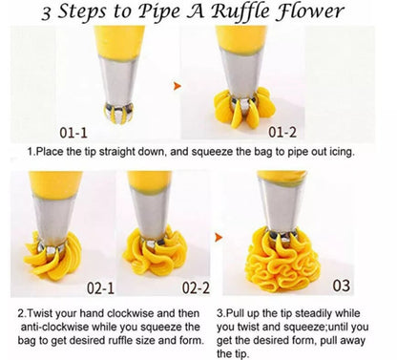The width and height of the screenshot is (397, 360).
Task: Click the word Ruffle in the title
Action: click(x=248, y=13)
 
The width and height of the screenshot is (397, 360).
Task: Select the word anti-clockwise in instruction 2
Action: click(x=48, y=326)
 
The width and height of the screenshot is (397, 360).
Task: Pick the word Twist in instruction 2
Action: click(x=43, y=312)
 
